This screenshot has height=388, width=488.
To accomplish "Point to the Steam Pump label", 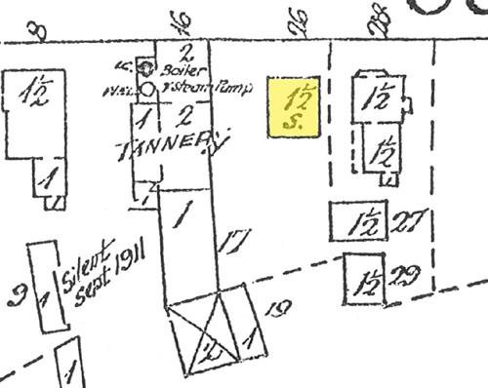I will [x=219, y=88].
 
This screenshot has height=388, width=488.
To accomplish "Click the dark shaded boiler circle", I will [x=147, y=68].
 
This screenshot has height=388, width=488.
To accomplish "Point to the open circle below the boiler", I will [x=147, y=89].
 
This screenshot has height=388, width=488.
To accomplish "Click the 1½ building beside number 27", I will [x=360, y=220].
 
